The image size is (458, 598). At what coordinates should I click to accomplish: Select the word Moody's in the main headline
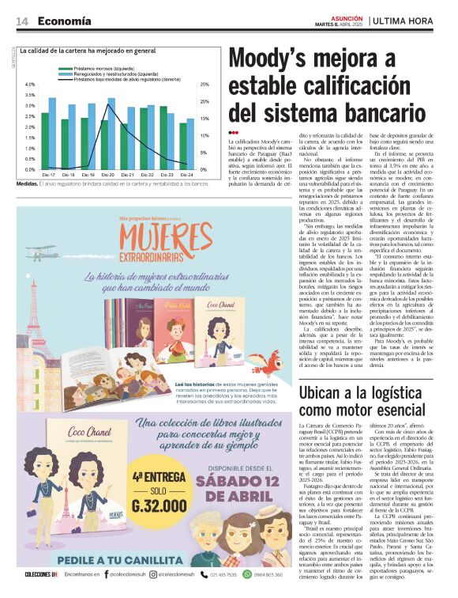coord(268,60)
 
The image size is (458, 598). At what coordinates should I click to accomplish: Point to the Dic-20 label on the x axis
coord(107,174)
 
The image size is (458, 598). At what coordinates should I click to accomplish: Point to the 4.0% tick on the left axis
coord(30,85)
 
